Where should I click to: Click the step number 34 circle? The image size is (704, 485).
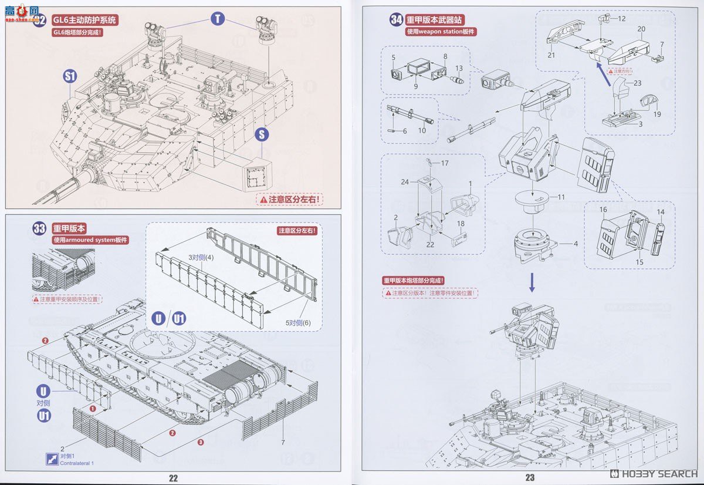click(x=397, y=20)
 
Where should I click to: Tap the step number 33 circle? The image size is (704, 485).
click(x=39, y=229)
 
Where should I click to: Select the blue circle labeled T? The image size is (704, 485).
click(x=218, y=19)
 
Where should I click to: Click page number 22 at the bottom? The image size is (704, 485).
click(x=173, y=478)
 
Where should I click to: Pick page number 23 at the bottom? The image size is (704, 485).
click(x=530, y=478)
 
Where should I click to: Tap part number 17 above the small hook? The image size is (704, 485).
click(x=445, y=163)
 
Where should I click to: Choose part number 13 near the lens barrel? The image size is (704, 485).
click(x=459, y=69)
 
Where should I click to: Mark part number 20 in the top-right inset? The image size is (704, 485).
click(x=641, y=29)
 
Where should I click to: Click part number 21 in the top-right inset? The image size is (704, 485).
click(x=551, y=55)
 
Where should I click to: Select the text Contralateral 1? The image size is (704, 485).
click(x=76, y=463)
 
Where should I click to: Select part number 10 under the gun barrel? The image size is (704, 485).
click(x=422, y=130)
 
